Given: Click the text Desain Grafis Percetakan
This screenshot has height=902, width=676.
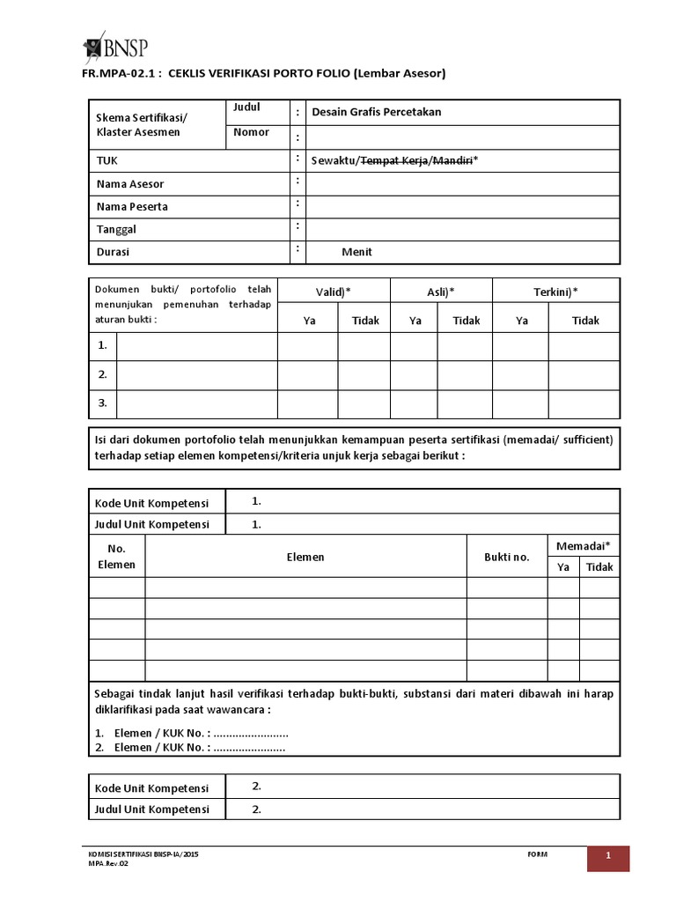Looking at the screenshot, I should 377,112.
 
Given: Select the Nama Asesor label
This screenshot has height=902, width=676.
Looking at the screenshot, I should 130,184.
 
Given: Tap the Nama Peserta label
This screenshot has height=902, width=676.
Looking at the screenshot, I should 132,207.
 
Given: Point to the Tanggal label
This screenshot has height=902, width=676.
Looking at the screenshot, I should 116,229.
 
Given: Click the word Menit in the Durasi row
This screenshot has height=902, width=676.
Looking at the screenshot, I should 357,252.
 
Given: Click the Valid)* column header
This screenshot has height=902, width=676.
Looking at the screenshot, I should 334,292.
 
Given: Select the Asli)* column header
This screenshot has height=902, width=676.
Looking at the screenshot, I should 440,292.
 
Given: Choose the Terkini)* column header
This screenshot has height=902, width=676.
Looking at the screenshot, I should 556,292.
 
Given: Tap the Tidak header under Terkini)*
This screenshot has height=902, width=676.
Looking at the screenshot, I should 585,321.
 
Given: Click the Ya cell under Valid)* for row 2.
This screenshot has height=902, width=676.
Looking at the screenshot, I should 308,374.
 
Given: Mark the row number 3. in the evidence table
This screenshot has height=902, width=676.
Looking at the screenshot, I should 103,403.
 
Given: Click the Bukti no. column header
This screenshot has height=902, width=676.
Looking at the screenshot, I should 507,557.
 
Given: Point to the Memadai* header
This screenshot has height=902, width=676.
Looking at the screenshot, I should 584,547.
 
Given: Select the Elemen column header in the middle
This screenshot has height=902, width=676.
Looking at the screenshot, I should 305,557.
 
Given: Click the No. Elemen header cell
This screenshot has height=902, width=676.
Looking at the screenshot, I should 116,557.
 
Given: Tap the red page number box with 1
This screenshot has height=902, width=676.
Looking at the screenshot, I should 608,857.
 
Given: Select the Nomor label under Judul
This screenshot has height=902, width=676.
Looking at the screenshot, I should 251,132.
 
